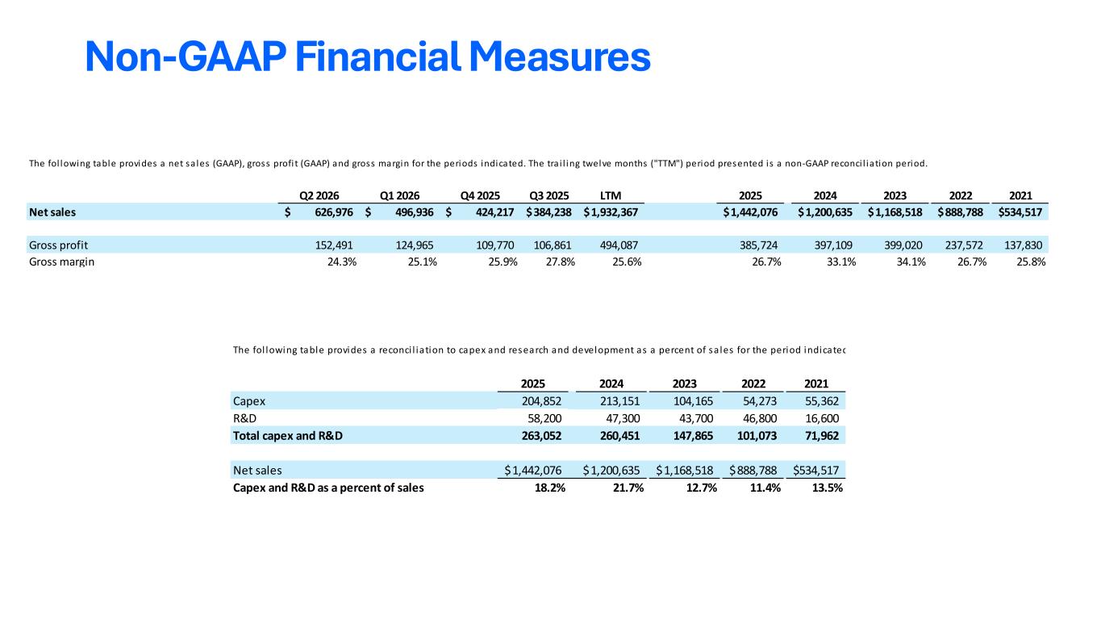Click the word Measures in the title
pos(560,57)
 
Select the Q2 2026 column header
pos(319,196)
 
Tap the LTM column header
pos(611,196)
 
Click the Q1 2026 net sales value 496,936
pos(415,212)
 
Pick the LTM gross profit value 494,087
pos(619,245)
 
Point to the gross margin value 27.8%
pos(561,262)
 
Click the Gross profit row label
pos(59,245)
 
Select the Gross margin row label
pos(61,262)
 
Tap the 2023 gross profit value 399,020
pos(903,245)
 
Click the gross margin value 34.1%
pos(911,262)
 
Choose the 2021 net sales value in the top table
pos(1020,212)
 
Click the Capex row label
pos(248,401)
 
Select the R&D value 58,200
pos(544,418)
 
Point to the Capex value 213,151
pos(619,401)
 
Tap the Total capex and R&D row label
pos(287,435)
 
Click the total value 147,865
pos(693,435)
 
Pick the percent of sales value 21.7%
pos(628,488)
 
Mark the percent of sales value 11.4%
pos(765,488)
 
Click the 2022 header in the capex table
pos(753,383)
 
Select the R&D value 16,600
pos(822,418)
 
